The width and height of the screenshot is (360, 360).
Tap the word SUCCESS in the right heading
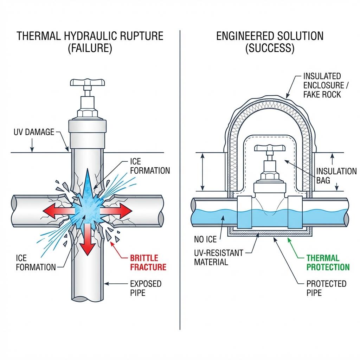270,48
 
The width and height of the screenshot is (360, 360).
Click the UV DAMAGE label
34,132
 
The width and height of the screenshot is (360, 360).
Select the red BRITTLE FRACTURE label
148,262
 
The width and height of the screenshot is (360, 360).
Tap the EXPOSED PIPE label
146,288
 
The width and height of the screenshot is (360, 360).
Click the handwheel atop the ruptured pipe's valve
88,83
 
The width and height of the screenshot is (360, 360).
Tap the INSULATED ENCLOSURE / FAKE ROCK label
322,85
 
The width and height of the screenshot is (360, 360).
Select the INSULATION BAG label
336,176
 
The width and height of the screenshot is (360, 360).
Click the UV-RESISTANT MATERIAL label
218,257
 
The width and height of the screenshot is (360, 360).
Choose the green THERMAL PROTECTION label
328,262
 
